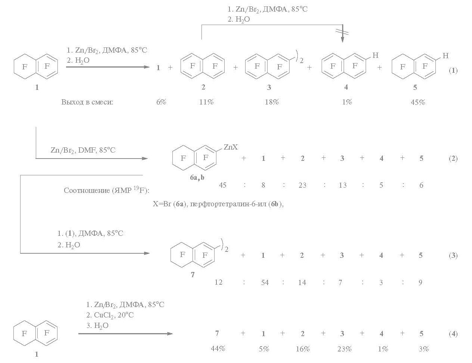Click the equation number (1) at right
[x=453, y=70]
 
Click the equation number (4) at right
[x=453, y=334]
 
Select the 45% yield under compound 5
[x=418, y=102]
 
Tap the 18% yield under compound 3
[x=271, y=102]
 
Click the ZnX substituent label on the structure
[x=231, y=147]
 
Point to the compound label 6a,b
[x=197, y=178]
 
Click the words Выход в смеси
[x=87, y=102]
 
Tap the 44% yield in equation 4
[x=218, y=349]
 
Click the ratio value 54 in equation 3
[x=265, y=282]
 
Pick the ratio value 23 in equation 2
[x=302, y=185]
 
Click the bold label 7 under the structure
[x=193, y=275]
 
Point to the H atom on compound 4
[x=375, y=56]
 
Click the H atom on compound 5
[x=445, y=56]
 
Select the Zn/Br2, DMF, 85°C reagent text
[x=83, y=150]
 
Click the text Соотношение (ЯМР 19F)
[x=106, y=190]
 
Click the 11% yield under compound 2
[x=206, y=102]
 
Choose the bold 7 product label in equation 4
[x=217, y=334]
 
